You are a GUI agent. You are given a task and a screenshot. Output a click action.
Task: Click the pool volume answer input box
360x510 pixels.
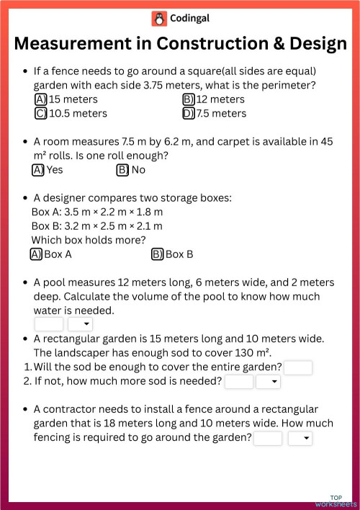point(48,325)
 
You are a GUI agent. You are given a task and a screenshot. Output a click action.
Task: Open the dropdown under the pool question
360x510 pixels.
point(80,325)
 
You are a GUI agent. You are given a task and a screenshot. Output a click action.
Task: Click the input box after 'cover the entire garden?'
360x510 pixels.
point(298,367)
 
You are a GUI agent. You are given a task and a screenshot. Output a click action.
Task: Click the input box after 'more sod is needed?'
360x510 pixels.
point(239,382)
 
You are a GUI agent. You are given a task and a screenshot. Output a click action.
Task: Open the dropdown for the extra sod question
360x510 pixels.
point(268,382)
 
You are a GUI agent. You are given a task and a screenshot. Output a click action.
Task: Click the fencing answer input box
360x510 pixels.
point(268,438)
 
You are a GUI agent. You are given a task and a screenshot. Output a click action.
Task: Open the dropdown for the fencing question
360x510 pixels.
point(300,438)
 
